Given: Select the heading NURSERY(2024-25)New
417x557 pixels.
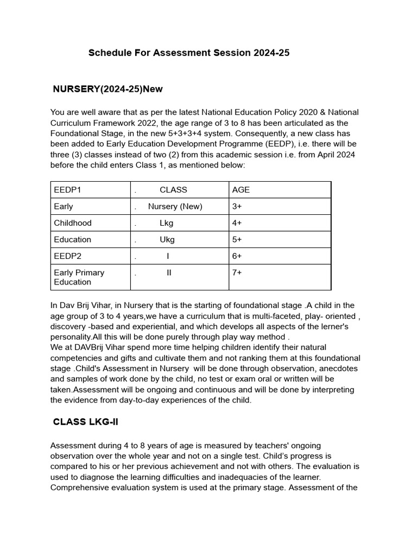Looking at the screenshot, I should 108,89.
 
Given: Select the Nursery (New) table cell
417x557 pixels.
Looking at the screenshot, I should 175,207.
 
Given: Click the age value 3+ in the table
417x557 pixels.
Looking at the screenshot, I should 237,207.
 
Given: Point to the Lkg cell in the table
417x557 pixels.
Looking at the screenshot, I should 166,223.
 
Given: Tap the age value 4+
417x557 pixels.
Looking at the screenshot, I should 237,223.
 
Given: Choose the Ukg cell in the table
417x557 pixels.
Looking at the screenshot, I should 167,239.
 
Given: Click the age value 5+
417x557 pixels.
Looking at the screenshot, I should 237,239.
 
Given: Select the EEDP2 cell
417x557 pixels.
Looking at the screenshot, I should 67,256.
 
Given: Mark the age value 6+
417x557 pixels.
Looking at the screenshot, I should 237,256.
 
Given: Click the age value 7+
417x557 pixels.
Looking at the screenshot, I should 237,273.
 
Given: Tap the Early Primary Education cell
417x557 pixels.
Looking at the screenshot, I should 79,277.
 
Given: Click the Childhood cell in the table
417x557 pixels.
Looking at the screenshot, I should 73,223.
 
